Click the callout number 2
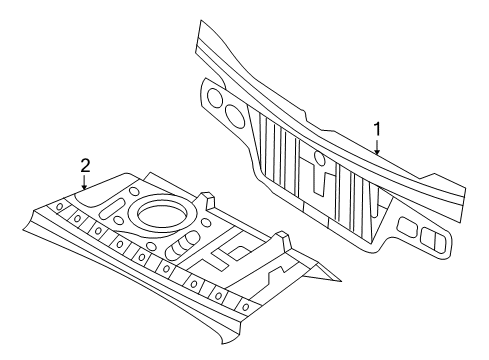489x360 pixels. tap(85, 166)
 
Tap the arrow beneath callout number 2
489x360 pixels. tap(85, 182)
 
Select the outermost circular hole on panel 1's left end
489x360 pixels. tap(212, 97)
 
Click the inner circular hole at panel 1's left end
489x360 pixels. tap(233, 113)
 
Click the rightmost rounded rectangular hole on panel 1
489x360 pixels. tap(435, 238)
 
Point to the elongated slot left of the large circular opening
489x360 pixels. tap(111, 208)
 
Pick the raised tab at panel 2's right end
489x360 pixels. tap(284, 239)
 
